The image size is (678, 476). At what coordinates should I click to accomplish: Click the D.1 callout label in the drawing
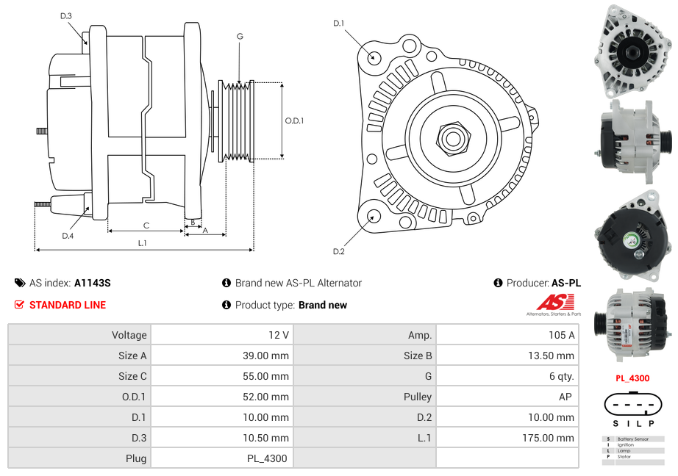[339, 24]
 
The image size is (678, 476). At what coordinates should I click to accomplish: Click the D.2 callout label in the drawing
[339, 251]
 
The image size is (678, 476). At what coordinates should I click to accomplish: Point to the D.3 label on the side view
[66, 15]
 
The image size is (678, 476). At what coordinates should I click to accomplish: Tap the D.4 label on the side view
[68, 236]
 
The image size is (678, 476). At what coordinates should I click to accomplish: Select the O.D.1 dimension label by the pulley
[294, 120]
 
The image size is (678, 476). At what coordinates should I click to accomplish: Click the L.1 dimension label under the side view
[142, 242]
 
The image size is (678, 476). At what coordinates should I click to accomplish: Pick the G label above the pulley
[240, 36]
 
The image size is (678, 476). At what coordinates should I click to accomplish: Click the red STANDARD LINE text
[68, 305]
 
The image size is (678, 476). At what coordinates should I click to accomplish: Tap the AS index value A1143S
[93, 283]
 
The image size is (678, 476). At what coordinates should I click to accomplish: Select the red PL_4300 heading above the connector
[632, 378]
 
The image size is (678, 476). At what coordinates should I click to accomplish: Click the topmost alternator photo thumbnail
[633, 50]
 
